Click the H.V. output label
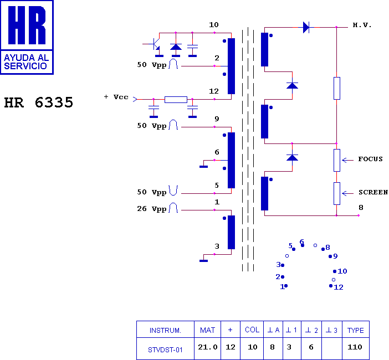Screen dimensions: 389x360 point(362,25)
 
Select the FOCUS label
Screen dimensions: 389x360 point(370,159)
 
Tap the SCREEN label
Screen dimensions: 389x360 point(373,192)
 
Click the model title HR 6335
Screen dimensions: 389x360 point(39,102)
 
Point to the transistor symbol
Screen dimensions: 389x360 point(155,44)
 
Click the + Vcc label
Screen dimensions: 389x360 point(116,97)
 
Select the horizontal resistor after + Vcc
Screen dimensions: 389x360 point(176,100)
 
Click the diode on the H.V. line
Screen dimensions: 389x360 point(306,27)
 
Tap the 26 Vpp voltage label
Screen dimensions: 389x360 point(152,209)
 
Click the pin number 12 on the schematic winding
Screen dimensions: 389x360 point(214,91)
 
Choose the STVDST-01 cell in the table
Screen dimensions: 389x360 point(165,350)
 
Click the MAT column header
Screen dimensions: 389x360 point(207,330)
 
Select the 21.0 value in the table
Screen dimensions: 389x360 point(208,347)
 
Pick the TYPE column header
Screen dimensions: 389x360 point(356,330)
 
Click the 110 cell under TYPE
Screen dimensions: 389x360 point(355,347)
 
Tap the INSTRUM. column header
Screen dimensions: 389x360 point(165,331)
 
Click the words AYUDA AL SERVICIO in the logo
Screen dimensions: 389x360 point(26,61)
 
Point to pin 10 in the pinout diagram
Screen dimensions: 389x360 point(340,271)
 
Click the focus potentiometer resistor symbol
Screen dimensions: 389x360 point(337,160)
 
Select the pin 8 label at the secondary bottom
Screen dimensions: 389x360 point(361,208)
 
